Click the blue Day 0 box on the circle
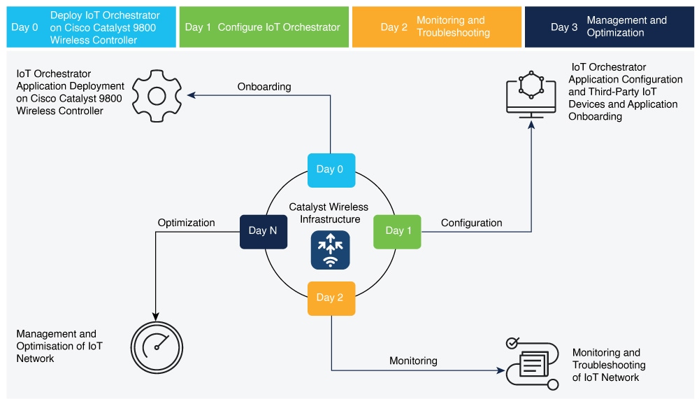331,170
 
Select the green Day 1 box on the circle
397,231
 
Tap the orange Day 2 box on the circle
331,298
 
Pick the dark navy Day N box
263,231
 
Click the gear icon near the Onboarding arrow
157,95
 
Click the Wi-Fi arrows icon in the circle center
331,251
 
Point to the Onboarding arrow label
264,87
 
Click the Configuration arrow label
471,223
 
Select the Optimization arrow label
186,223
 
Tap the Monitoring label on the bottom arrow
413,361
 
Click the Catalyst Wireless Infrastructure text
329,214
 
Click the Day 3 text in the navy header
564,27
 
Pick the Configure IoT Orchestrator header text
279,27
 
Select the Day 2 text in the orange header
394,27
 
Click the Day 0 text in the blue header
26,27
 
